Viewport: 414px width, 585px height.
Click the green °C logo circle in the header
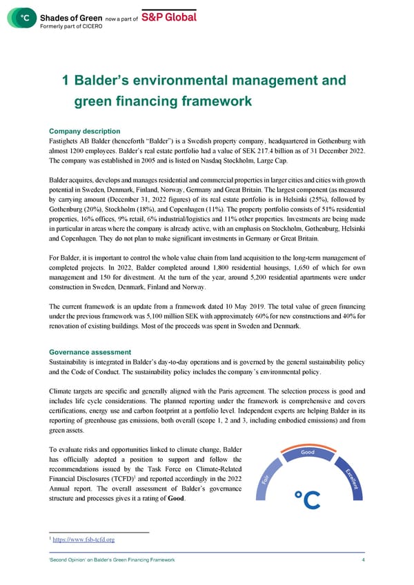point(25,19)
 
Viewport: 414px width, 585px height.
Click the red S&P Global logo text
point(169,17)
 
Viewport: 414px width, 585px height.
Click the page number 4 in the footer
point(364,560)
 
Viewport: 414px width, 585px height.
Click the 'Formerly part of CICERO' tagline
point(70,25)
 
